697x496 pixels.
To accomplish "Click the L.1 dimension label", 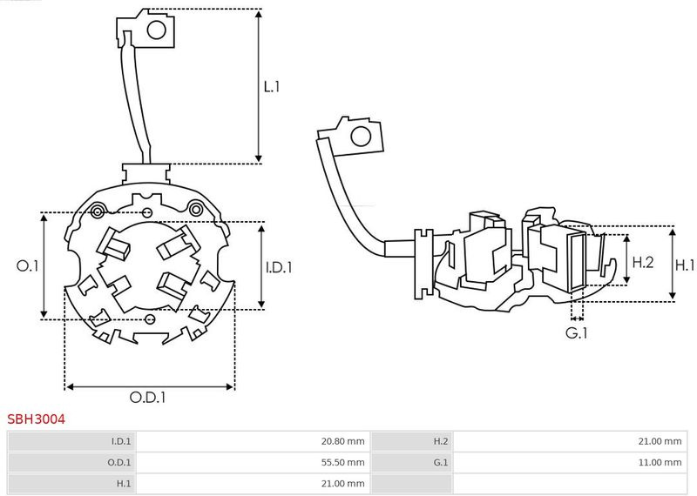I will (271, 87).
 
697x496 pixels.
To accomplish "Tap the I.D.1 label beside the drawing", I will (279, 267).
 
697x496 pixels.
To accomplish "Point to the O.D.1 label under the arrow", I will (148, 398).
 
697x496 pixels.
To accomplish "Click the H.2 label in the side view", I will (642, 261).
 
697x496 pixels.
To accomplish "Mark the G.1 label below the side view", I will (577, 332).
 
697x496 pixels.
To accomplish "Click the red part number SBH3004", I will (36, 419).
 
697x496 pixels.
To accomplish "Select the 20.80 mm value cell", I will (343, 441).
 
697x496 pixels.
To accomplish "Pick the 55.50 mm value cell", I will (343, 462).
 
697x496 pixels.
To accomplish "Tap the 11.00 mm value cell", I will (660, 462).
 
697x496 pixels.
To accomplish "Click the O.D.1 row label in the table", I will (118, 462).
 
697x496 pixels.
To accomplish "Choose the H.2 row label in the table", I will (440, 441).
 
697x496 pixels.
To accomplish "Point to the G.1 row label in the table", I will (440, 462).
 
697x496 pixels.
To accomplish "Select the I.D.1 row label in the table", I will (118, 441).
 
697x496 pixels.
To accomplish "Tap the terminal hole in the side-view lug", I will (358, 137).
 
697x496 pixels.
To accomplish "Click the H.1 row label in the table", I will (123, 483).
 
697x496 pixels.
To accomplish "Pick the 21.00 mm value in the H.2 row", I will (660, 441).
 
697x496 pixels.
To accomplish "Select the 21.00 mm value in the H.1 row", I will (343, 483).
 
